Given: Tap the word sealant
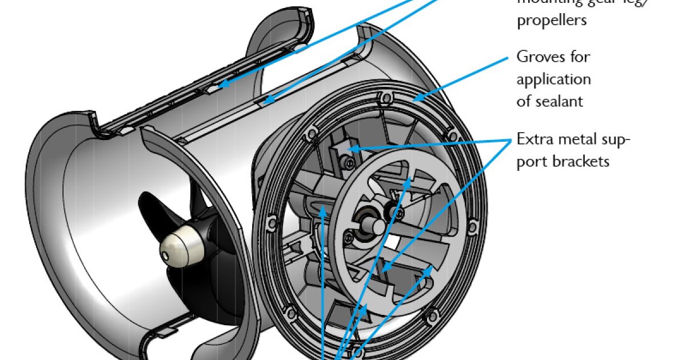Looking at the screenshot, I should pos(559,101).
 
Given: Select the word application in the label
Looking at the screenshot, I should pos(553,79).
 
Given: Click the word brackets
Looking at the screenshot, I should pos(581,161).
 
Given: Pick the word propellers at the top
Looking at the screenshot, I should pos(552,20).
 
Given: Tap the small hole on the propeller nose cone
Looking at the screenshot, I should pos(165,255).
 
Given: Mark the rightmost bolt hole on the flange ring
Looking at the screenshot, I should pos(472,229).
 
